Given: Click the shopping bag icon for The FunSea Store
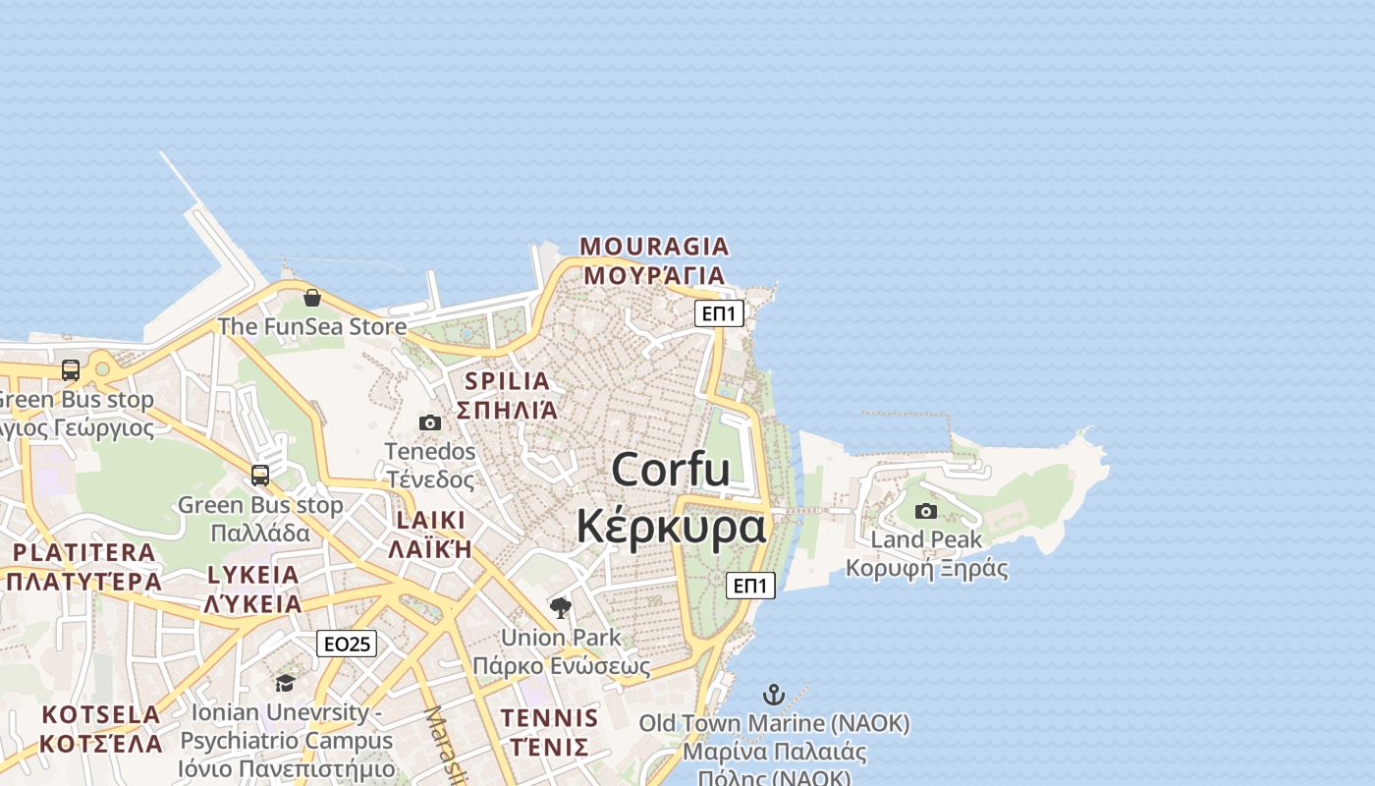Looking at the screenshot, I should click(x=312, y=298).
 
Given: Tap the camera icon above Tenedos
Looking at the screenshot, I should click(x=430, y=423).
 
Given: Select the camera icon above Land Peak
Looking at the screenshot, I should click(x=925, y=511).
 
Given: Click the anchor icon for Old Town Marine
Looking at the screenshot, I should click(x=774, y=695).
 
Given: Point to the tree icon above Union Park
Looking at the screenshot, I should click(x=561, y=608).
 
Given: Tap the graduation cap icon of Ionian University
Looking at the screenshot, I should click(x=285, y=683).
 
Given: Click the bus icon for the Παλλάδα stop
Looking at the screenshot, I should click(x=260, y=476).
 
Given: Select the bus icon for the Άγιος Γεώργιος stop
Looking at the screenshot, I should click(x=71, y=370).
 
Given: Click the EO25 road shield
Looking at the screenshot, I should click(x=347, y=644).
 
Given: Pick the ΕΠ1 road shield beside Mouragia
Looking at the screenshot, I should click(x=719, y=313).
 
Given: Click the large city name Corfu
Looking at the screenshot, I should click(x=671, y=470).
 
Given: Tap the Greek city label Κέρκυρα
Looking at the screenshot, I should click(x=671, y=527).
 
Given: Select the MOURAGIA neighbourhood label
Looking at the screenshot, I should click(x=654, y=246).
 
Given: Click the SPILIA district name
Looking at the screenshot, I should click(x=507, y=381).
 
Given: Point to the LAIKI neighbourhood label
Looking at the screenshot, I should click(x=430, y=520).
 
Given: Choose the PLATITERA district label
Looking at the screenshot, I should click(x=83, y=552).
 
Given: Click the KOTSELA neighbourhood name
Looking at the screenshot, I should click(x=101, y=714).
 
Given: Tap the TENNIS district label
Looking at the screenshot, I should click(x=549, y=718).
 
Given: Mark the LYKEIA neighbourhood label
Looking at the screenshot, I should click(x=253, y=575).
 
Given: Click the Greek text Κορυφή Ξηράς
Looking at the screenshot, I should click(x=926, y=569).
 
